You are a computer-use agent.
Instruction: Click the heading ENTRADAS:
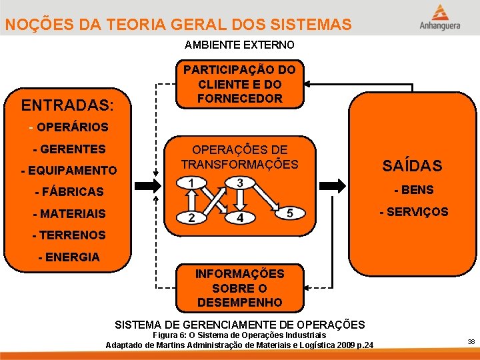[x=67, y=105]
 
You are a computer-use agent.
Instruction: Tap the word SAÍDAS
[x=411, y=165]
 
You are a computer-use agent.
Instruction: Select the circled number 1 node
[x=191, y=183]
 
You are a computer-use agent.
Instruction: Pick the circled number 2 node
[x=191, y=217]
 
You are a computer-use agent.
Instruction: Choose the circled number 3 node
[x=239, y=183]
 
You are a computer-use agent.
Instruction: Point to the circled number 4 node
[x=239, y=217]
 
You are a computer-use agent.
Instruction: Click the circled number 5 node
[x=289, y=213]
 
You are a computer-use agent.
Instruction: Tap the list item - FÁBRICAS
[x=69, y=192]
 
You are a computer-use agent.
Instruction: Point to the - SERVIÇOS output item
[x=414, y=211]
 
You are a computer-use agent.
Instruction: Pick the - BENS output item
[x=414, y=190]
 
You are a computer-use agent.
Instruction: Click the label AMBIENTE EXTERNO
[x=239, y=45]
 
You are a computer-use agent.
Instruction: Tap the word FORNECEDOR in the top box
[x=239, y=99]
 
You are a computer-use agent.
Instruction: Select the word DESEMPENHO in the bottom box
[x=239, y=302]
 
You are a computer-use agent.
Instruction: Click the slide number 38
[x=471, y=341]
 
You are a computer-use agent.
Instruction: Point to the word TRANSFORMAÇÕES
[x=239, y=165]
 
